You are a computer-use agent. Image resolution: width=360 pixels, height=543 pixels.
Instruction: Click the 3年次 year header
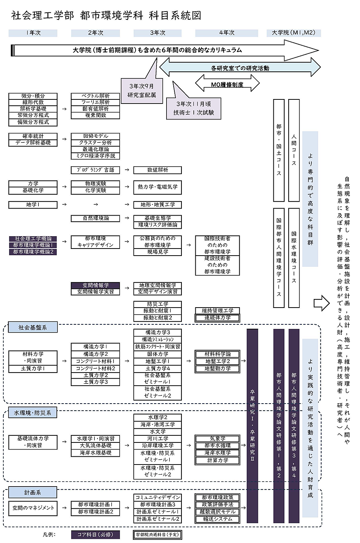click(x=158, y=33)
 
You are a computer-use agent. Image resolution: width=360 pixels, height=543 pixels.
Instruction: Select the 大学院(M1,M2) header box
click(x=294, y=33)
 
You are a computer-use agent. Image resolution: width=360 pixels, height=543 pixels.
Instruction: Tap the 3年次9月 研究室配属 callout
click(x=142, y=91)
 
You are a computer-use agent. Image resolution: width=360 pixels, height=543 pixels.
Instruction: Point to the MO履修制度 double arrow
click(x=227, y=84)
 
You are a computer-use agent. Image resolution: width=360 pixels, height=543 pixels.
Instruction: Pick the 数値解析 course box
click(x=158, y=170)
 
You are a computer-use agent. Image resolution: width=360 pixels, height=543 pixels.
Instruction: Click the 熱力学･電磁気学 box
click(x=158, y=187)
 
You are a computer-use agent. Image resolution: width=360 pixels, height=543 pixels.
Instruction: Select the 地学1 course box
click(x=33, y=205)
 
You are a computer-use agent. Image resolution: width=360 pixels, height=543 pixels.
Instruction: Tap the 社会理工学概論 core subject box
click(x=33, y=238)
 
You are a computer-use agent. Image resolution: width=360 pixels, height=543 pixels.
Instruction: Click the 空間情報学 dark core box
click(x=96, y=285)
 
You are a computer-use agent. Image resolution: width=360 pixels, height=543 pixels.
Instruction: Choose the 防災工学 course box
click(x=158, y=304)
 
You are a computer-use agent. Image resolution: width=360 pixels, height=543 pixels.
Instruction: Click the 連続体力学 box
click(x=217, y=318)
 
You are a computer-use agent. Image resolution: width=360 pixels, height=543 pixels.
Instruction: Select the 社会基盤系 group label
click(x=33, y=327)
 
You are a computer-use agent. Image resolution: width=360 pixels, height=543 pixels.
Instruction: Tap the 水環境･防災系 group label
click(x=33, y=413)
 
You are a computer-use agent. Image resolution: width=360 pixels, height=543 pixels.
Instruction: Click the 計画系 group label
click(x=33, y=493)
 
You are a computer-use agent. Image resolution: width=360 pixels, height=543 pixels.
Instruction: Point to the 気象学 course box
click(x=217, y=439)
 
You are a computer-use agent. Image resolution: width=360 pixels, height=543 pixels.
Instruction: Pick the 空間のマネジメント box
click(x=33, y=508)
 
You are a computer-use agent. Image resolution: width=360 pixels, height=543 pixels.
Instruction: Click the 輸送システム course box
click(x=217, y=519)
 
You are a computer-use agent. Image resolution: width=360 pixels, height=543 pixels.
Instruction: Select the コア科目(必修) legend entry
click(x=95, y=534)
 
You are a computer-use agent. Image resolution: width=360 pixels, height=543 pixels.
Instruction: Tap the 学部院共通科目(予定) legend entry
click(x=158, y=534)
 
